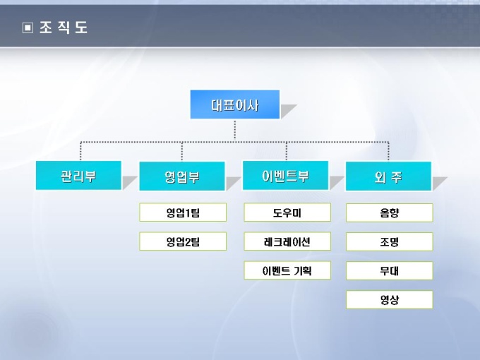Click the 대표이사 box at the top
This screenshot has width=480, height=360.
pyautogui.click(x=235, y=105)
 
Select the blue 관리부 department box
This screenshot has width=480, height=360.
pyautogui.click(x=79, y=176)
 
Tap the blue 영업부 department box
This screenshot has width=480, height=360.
pyautogui.click(x=182, y=176)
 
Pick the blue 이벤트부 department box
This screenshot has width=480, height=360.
pyautogui.click(x=285, y=176)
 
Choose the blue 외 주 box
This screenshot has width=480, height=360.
pyautogui.click(x=388, y=176)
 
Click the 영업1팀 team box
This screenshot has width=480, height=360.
pyautogui.click(x=183, y=212)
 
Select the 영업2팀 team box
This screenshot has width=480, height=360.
pyautogui.click(x=183, y=241)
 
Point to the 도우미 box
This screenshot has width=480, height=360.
pyautogui.click(x=287, y=212)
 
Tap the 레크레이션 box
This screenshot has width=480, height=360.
pyautogui.click(x=287, y=241)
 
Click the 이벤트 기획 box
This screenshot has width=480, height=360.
pyautogui.click(x=287, y=270)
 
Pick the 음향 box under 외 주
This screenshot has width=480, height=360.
pyautogui.click(x=389, y=212)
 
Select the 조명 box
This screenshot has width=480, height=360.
pyautogui.click(x=389, y=241)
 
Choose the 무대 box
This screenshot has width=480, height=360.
pyautogui.click(x=389, y=270)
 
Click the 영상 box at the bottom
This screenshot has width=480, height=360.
pyautogui.click(x=389, y=300)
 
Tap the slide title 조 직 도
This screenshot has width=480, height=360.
pyautogui.click(x=64, y=28)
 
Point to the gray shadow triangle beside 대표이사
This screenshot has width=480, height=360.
pyautogui.click(x=287, y=112)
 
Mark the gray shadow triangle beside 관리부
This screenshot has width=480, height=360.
pyautogui.click(x=128, y=184)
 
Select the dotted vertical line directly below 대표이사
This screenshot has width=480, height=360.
pyautogui.click(x=235, y=130)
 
